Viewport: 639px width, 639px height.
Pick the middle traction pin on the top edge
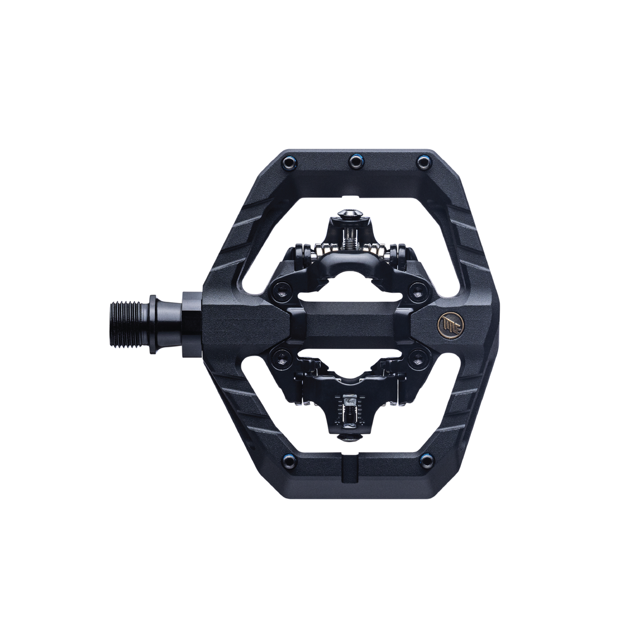(356, 160)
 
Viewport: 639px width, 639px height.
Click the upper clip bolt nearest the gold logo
(419, 291)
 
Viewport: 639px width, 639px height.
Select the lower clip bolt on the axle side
(280, 356)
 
